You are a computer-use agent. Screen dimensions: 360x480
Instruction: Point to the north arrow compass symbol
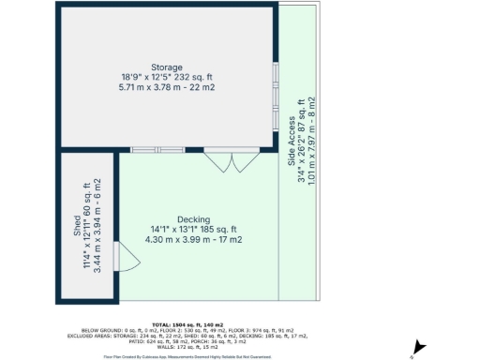(418, 348)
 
